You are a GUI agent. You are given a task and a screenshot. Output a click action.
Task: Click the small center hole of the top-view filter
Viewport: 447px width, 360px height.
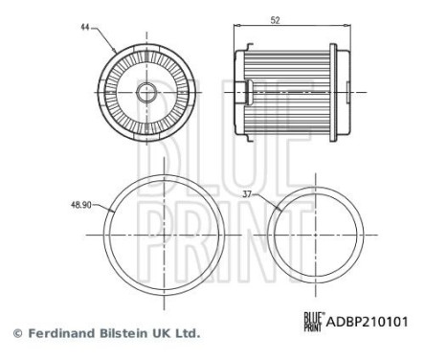[146, 92]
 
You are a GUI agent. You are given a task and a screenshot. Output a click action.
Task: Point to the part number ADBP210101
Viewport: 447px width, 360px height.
[368, 321]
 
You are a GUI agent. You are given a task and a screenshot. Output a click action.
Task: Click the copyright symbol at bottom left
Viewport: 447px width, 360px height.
[16, 334]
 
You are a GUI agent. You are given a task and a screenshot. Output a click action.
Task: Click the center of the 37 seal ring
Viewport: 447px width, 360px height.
[315, 235]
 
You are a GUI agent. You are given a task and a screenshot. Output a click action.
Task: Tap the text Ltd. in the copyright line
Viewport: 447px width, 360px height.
[187, 334]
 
